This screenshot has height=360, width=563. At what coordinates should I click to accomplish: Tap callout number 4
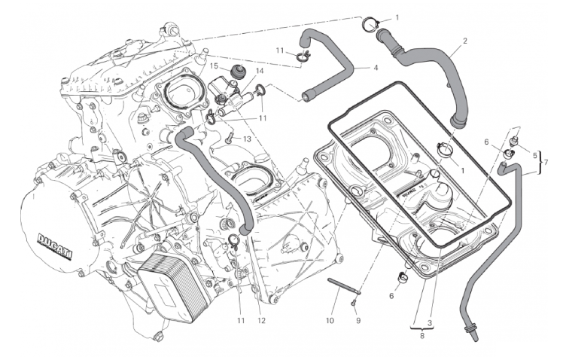click(x=375, y=68)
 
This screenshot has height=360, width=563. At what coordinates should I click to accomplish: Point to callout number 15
click(x=214, y=66)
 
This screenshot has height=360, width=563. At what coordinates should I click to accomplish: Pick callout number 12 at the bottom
click(x=261, y=322)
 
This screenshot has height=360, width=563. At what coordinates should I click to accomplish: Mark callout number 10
click(x=329, y=320)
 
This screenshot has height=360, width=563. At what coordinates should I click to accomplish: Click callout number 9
click(x=358, y=320)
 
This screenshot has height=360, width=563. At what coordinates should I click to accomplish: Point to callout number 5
click(x=535, y=156)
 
